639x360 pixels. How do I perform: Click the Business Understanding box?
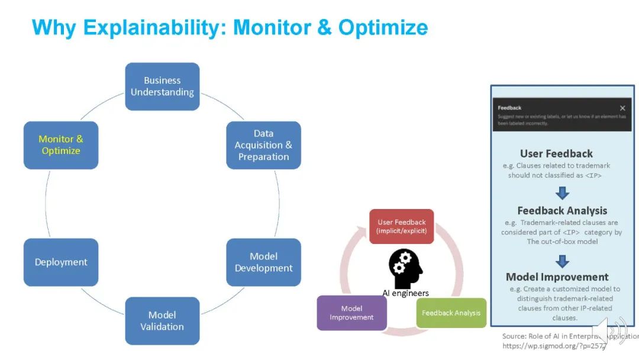coord(162,86)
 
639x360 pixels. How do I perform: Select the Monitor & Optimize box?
coord(61,145)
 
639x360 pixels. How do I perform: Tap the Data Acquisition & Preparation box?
coord(263,145)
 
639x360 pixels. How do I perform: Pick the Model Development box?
coord(263,262)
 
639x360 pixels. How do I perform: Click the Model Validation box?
coord(162,320)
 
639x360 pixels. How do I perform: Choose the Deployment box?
coord(61,262)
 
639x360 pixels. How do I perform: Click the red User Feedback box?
coord(402,226)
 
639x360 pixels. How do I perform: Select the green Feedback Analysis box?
coord(451,313)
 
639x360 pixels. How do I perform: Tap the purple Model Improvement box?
coord(351,313)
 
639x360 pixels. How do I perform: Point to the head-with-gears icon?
coord(405,268)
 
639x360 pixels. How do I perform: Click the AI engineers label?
coord(405,293)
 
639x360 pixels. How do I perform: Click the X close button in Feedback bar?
coord(622,108)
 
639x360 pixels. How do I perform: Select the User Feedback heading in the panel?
coord(556,154)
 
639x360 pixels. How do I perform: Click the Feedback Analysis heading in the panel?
coord(562,211)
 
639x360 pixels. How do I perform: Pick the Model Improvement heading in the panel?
coord(557,277)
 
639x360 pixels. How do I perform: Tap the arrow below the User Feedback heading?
coord(563,193)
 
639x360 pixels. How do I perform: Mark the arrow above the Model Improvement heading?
coord(563,261)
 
